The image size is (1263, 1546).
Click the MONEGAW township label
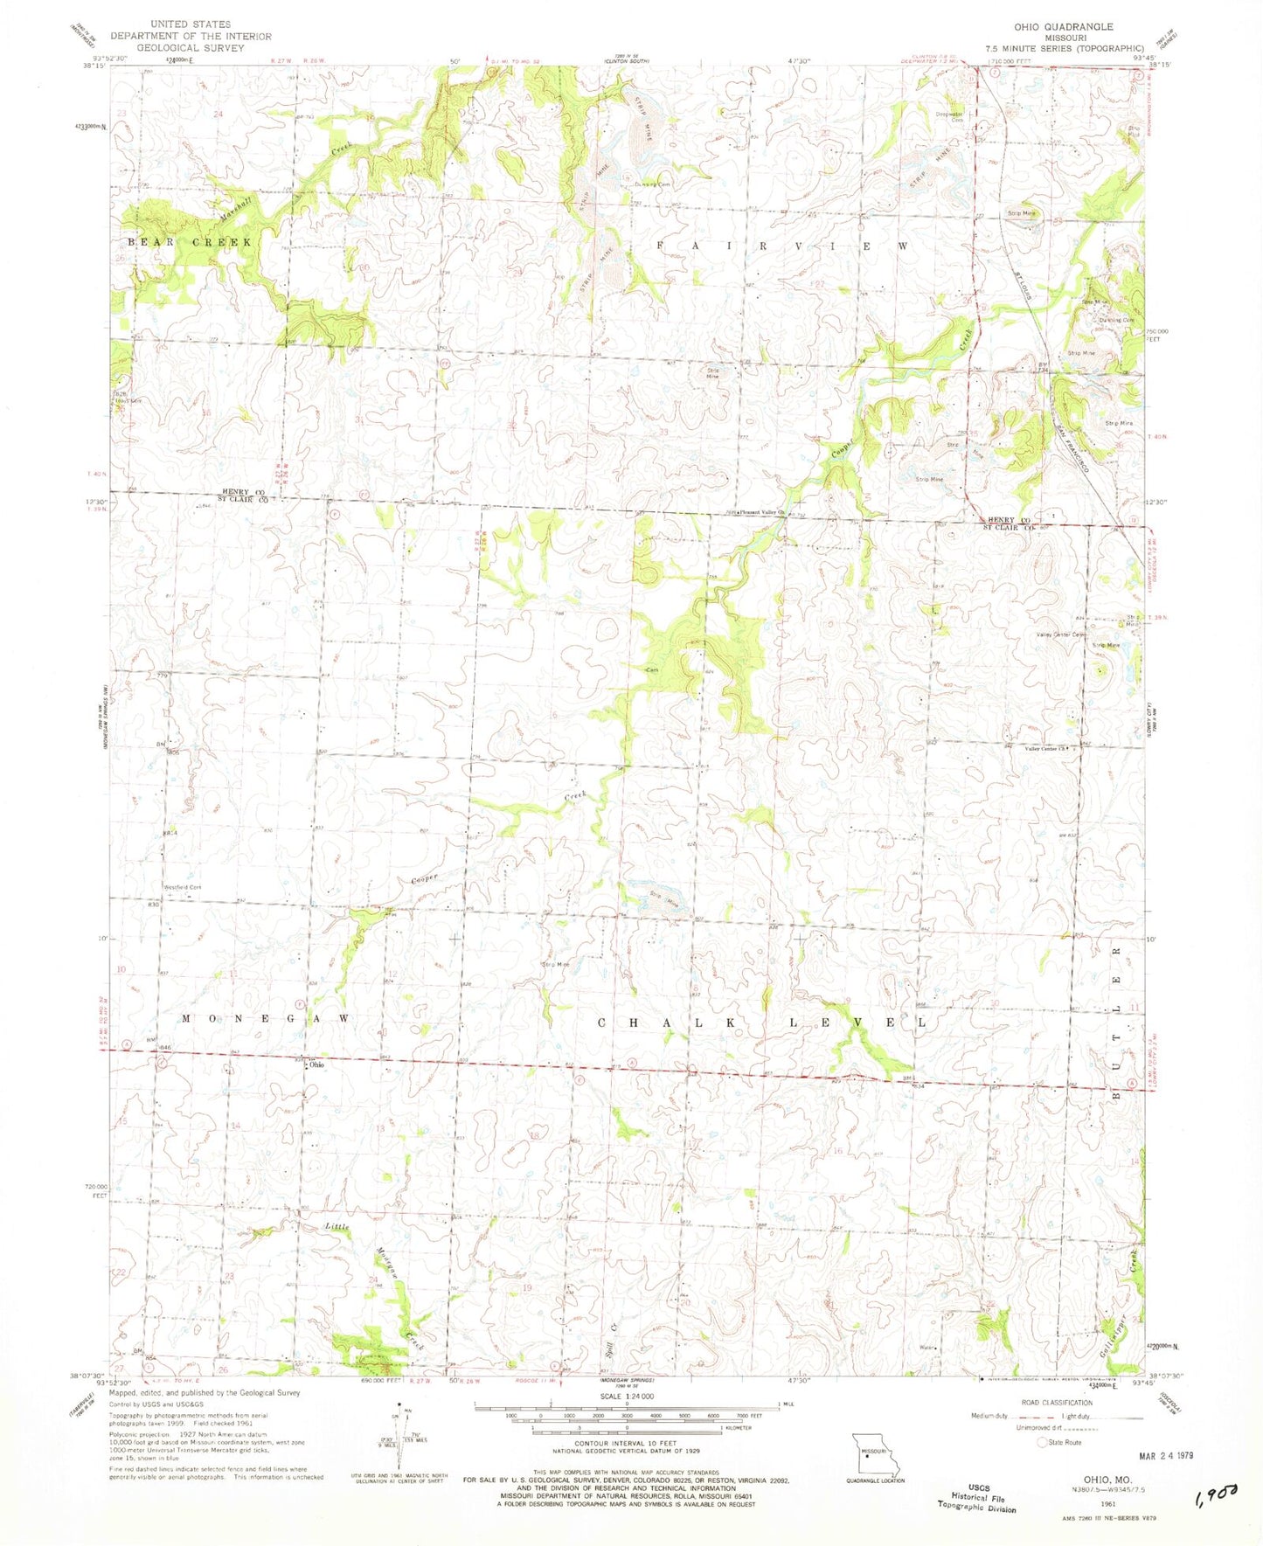click(267, 1019)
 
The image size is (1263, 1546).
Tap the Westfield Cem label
click(183, 887)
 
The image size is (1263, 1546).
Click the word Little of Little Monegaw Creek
click(337, 1227)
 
